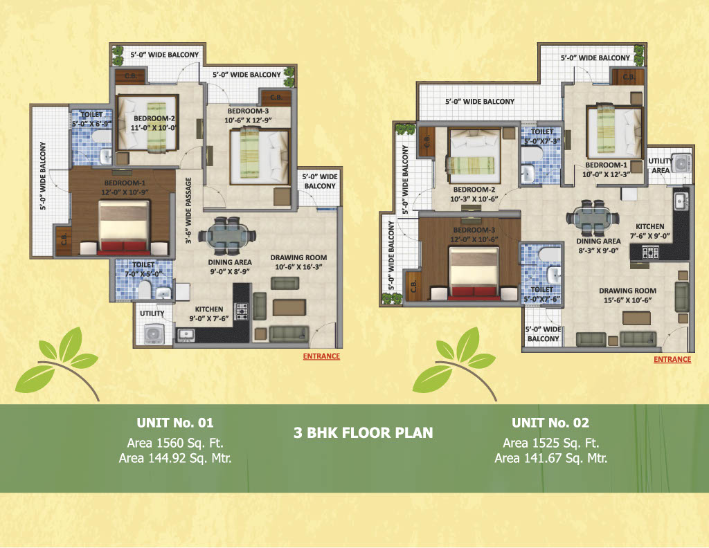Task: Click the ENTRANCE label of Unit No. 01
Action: pyautogui.click(x=321, y=356)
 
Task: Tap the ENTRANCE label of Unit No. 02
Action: pyautogui.click(x=672, y=359)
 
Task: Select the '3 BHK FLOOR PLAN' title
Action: pyautogui.click(x=363, y=433)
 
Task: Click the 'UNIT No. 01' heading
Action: pyautogui.click(x=175, y=423)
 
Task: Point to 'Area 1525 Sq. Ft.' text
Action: pyautogui.click(x=550, y=443)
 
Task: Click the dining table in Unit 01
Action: pyautogui.click(x=227, y=236)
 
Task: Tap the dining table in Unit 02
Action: pyautogui.click(x=593, y=218)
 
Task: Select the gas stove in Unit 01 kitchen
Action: pyautogui.click(x=242, y=311)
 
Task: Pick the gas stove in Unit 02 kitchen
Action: pyautogui.click(x=650, y=252)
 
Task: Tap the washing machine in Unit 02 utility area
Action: pyautogui.click(x=682, y=163)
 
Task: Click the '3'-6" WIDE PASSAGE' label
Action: pyautogui.click(x=188, y=210)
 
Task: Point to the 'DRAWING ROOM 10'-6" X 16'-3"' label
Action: pyautogui.click(x=298, y=262)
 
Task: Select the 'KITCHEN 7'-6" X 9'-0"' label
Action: pyautogui.click(x=649, y=231)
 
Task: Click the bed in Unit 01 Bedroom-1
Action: pyautogui.click(x=124, y=228)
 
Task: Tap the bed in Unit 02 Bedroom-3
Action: pyautogui.click(x=474, y=273)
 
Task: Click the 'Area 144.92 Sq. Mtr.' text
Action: pyautogui.click(x=175, y=458)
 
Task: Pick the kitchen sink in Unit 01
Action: pyautogui.click(x=186, y=335)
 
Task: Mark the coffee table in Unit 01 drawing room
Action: pyautogui.click(x=289, y=307)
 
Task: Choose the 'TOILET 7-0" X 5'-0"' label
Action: pyautogui.click(x=143, y=269)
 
